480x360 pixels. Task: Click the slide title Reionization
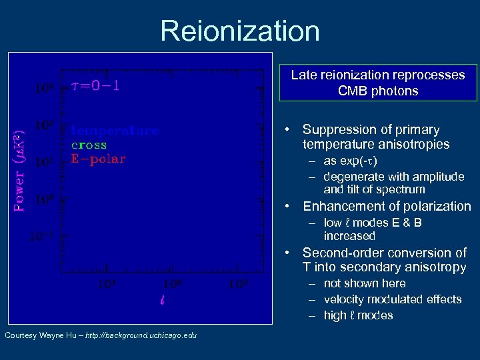click(240, 31)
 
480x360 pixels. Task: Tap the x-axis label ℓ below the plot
click(163, 300)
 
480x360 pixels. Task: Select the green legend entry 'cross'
click(89, 145)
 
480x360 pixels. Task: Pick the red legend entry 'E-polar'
click(98, 159)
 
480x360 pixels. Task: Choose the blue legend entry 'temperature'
click(115, 131)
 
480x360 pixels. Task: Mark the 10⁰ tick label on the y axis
click(44, 199)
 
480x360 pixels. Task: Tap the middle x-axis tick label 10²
click(172, 285)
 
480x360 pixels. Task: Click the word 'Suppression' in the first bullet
click(337, 129)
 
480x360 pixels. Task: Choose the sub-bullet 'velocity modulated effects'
click(392, 299)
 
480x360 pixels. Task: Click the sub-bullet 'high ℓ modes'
click(358, 315)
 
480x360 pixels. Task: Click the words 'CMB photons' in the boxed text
click(378, 91)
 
